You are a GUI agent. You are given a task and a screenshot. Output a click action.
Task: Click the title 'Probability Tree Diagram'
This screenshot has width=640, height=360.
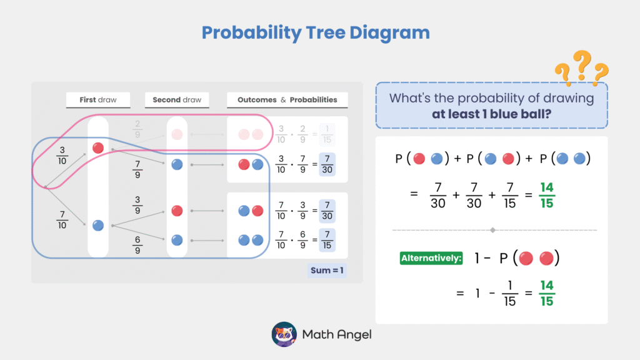pos(316,32)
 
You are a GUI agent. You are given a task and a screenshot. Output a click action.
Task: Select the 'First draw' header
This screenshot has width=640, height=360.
pos(98,99)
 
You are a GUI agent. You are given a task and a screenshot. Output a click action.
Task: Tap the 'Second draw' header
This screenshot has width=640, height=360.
pos(177,99)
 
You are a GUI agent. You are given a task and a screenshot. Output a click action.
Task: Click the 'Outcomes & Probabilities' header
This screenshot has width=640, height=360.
pos(287,99)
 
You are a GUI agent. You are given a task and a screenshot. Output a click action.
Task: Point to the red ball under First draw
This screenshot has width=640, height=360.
pos(98,147)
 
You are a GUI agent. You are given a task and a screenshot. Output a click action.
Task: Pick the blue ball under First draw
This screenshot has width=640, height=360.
pos(98,225)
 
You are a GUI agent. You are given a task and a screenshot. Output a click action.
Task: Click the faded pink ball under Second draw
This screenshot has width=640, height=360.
pos(177,134)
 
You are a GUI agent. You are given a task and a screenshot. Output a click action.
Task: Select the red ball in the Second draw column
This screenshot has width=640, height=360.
pos(177,211)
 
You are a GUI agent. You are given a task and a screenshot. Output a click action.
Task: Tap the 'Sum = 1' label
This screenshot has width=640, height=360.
pos(327,270)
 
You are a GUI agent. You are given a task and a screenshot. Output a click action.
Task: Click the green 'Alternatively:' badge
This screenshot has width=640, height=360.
pos(431,258)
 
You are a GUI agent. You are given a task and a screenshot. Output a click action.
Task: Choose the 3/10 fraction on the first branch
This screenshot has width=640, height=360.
pos(62,156)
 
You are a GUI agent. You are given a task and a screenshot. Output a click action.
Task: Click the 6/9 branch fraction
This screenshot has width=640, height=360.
pos(137,245)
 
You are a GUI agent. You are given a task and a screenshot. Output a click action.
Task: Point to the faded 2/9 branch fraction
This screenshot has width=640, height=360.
pos(137,129)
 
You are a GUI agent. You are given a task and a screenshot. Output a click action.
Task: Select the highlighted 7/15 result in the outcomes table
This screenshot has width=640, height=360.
pos(327,240)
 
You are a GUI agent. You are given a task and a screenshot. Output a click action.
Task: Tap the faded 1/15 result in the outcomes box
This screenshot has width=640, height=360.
pos(327,134)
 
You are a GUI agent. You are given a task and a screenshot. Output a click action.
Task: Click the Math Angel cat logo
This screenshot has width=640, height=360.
pos(284,334)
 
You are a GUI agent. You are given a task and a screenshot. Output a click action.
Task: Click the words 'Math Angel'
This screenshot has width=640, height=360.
pos(337,335)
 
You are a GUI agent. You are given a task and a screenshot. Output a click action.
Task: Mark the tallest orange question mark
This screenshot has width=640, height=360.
pos(582,64)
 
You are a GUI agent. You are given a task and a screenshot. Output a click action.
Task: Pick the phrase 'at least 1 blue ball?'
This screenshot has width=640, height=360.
pos(491,114)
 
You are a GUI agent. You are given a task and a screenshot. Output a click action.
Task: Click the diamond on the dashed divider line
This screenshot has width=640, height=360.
pos(492,230)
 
